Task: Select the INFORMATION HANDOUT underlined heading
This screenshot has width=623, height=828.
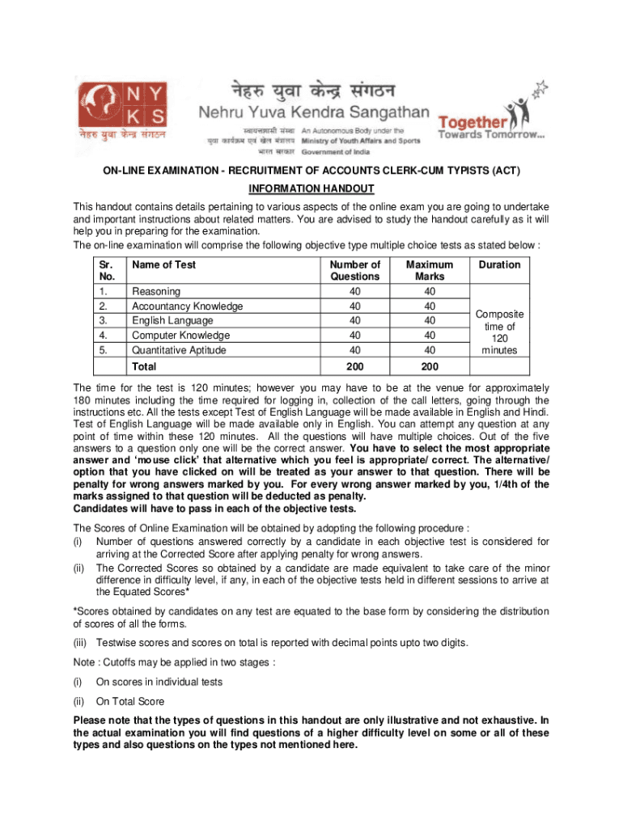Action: pyautogui.click(x=311, y=188)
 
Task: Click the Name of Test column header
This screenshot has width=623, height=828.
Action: pyautogui.click(x=163, y=264)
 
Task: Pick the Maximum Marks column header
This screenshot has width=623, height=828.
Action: pyautogui.click(x=430, y=270)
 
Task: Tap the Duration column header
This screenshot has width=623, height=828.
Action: pyautogui.click(x=499, y=264)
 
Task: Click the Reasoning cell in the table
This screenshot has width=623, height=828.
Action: pyautogui.click(x=156, y=291)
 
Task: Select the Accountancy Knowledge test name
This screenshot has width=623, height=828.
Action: pyautogui.click(x=187, y=306)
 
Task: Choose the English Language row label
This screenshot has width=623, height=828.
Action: pyautogui.click(x=172, y=321)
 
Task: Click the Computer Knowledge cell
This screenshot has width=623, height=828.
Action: pyautogui.click(x=180, y=336)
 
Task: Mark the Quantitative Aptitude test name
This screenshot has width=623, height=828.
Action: pyautogui.click(x=180, y=350)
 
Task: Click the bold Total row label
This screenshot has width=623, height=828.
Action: pyautogui.click(x=146, y=366)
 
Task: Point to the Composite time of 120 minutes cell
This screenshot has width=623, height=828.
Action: pyautogui.click(x=499, y=332)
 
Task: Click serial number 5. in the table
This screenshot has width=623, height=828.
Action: pyautogui.click(x=103, y=350)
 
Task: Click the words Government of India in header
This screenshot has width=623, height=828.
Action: pyautogui.click(x=337, y=152)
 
